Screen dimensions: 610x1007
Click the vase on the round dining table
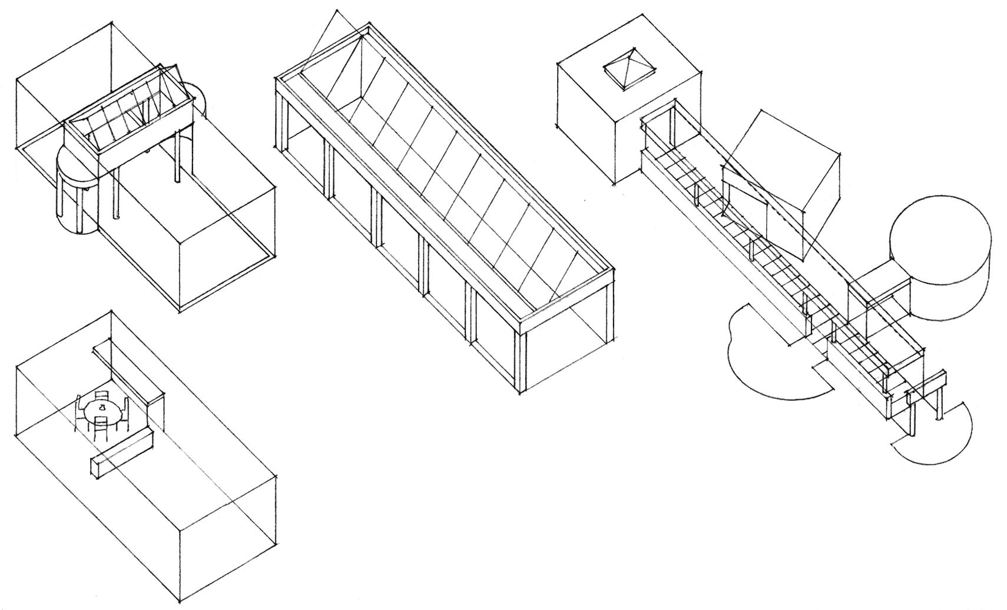coord(102,407)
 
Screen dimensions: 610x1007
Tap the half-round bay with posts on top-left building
coord(77,188)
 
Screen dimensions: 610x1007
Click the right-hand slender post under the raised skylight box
coord(177,156)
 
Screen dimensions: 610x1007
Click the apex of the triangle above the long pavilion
coord(337,10)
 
